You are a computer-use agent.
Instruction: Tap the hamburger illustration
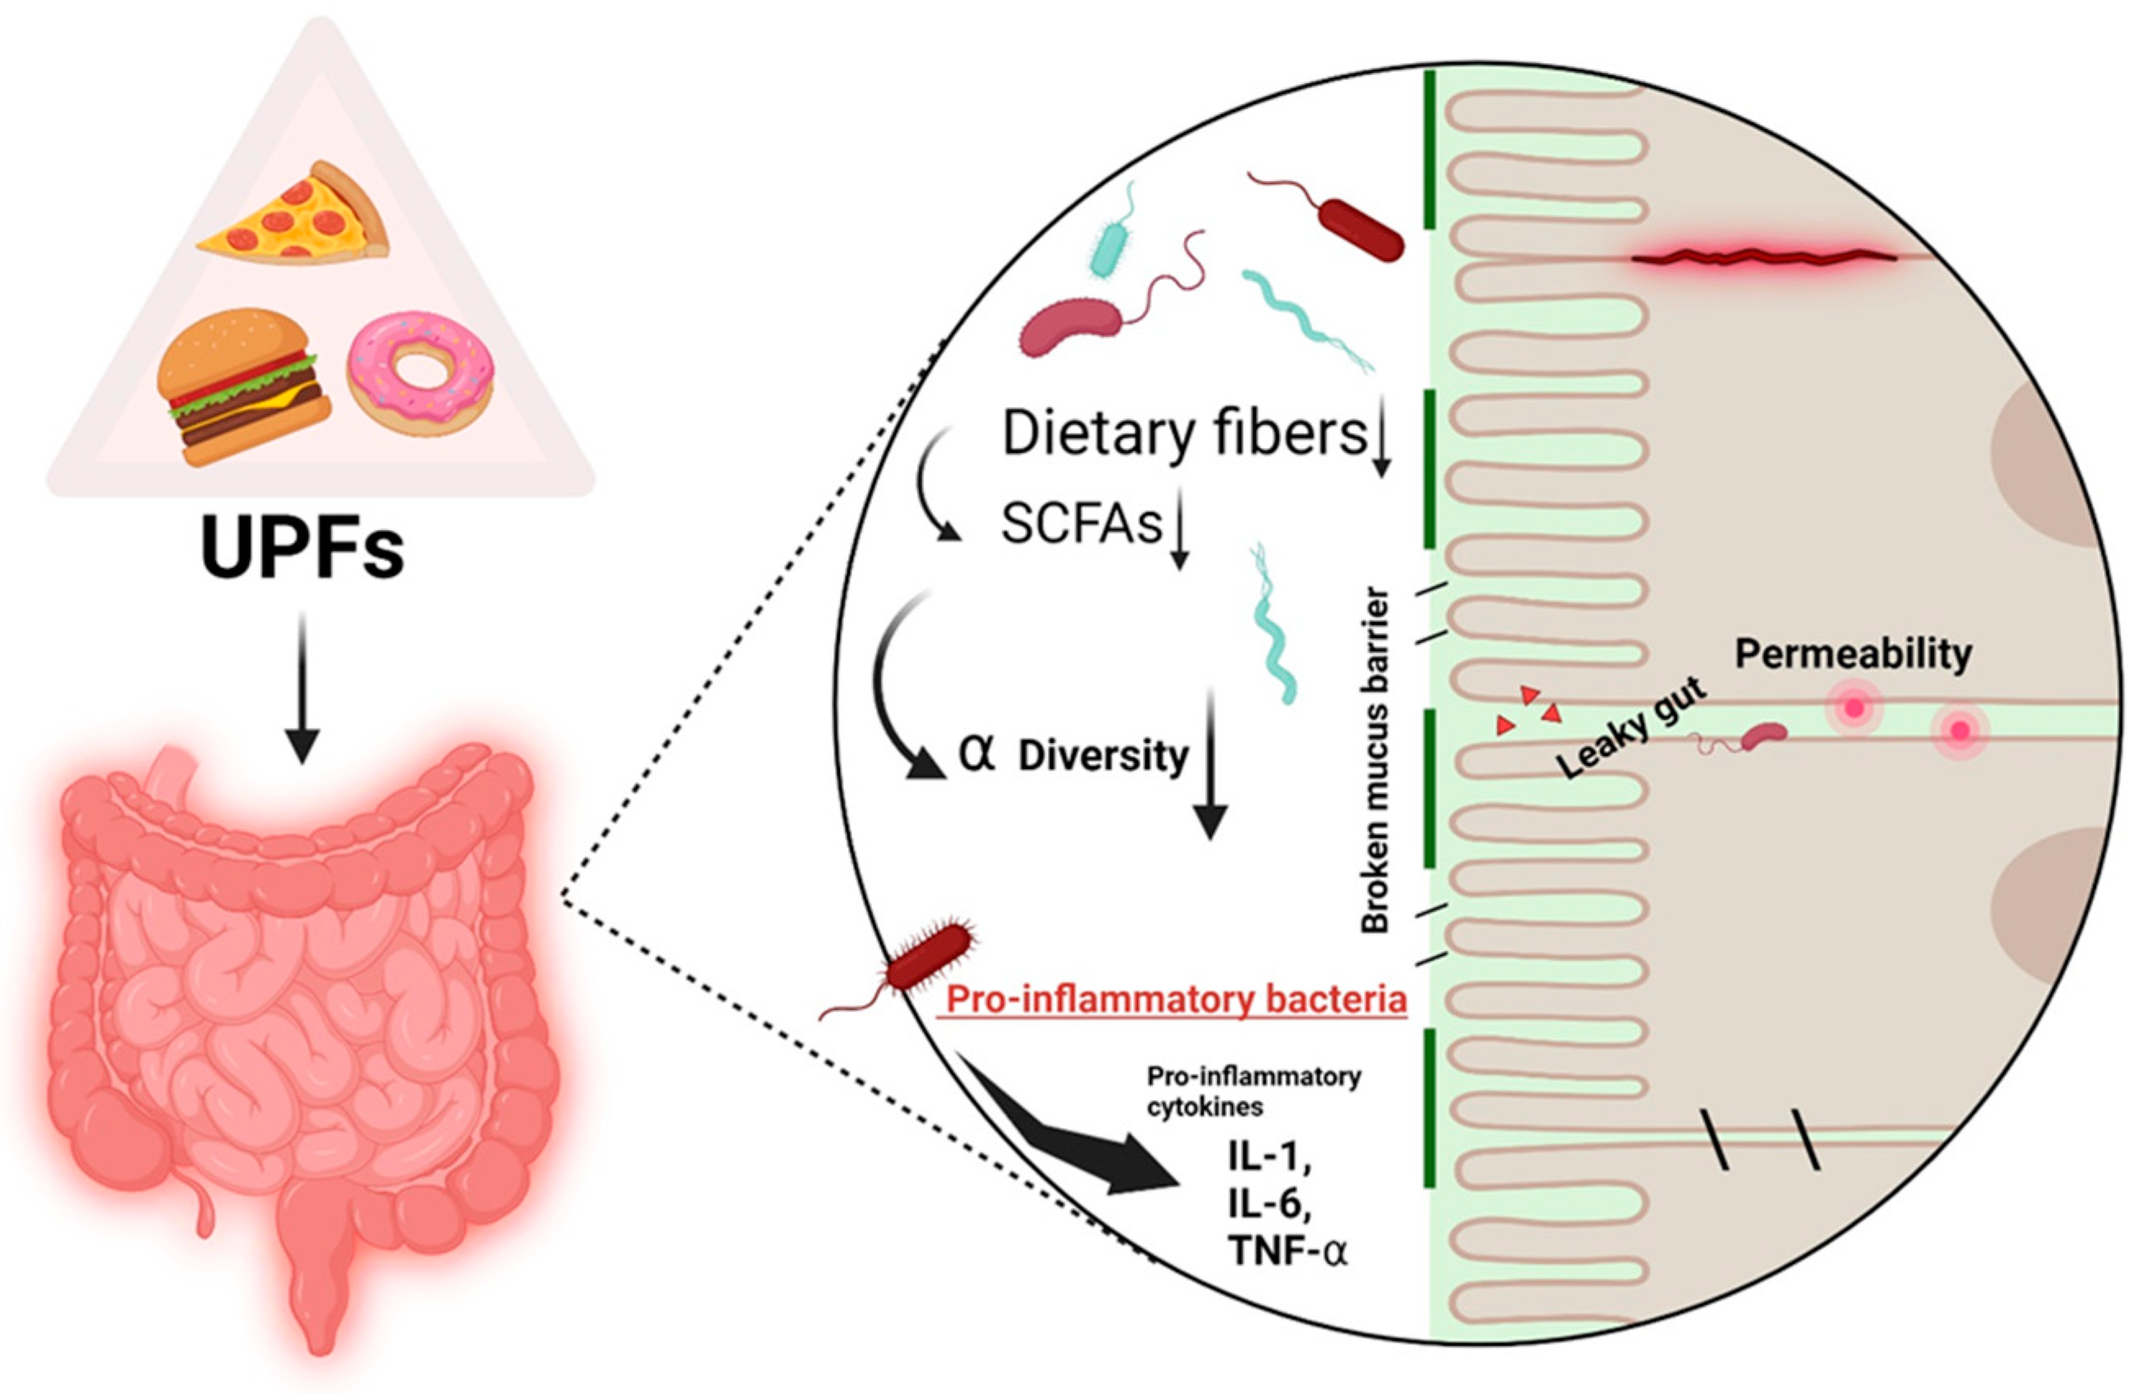coord(242,387)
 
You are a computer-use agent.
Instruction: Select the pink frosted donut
coord(421,372)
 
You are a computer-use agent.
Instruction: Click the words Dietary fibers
coord(1183,434)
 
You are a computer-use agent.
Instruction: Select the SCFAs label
coord(1081,523)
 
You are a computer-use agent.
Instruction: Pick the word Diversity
coord(1104,756)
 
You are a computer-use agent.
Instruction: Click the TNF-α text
coord(1290,1251)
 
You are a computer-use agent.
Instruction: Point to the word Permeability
coord(1853,653)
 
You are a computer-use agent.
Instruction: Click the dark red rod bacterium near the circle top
coord(1359,229)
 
